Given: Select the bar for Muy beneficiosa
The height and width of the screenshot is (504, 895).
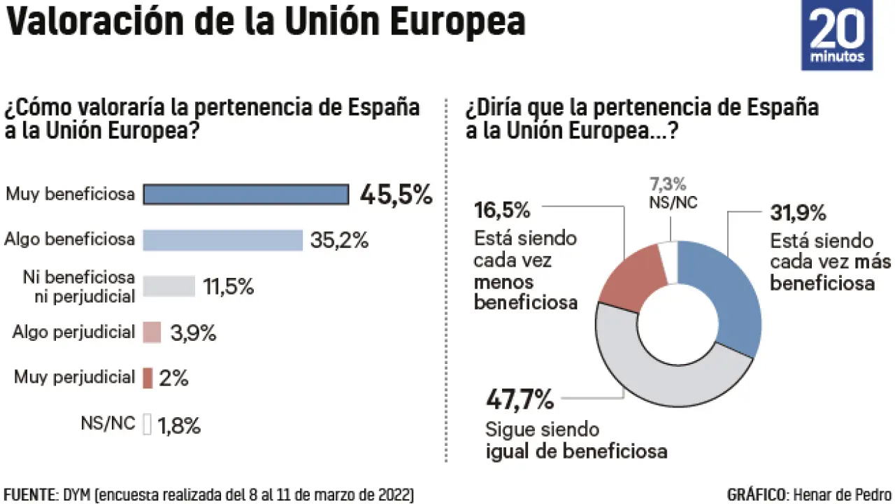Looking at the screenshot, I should pyautogui.click(x=245, y=195).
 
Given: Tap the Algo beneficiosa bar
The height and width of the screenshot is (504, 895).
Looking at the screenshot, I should pyautogui.click(x=222, y=240).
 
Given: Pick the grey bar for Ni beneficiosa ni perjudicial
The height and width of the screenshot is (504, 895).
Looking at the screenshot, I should pyautogui.click(x=169, y=286).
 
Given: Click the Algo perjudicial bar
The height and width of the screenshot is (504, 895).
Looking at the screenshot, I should pyautogui.click(x=152, y=332).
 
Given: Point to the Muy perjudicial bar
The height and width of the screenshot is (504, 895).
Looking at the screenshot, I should pyautogui.click(x=148, y=378).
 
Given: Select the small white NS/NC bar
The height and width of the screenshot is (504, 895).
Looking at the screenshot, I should pyautogui.click(x=147, y=424).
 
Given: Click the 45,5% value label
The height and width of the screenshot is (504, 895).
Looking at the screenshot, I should pyautogui.click(x=396, y=195).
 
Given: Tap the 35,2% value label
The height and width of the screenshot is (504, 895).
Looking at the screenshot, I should pyautogui.click(x=338, y=241).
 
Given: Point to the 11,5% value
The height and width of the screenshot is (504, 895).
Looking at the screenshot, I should pyautogui.click(x=228, y=287).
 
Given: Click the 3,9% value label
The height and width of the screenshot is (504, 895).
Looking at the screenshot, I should pyautogui.click(x=193, y=333).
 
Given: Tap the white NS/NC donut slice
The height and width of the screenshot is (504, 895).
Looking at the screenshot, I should pyautogui.click(x=669, y=262).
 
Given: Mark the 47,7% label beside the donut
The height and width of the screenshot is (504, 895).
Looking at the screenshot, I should pyautogui.click(x=520, y=401).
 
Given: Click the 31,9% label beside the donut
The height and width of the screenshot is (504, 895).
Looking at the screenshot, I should pyautogui.click(x=799, y=212).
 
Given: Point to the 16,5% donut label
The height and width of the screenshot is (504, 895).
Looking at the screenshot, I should pyautogui.click(x=502, y=210).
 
